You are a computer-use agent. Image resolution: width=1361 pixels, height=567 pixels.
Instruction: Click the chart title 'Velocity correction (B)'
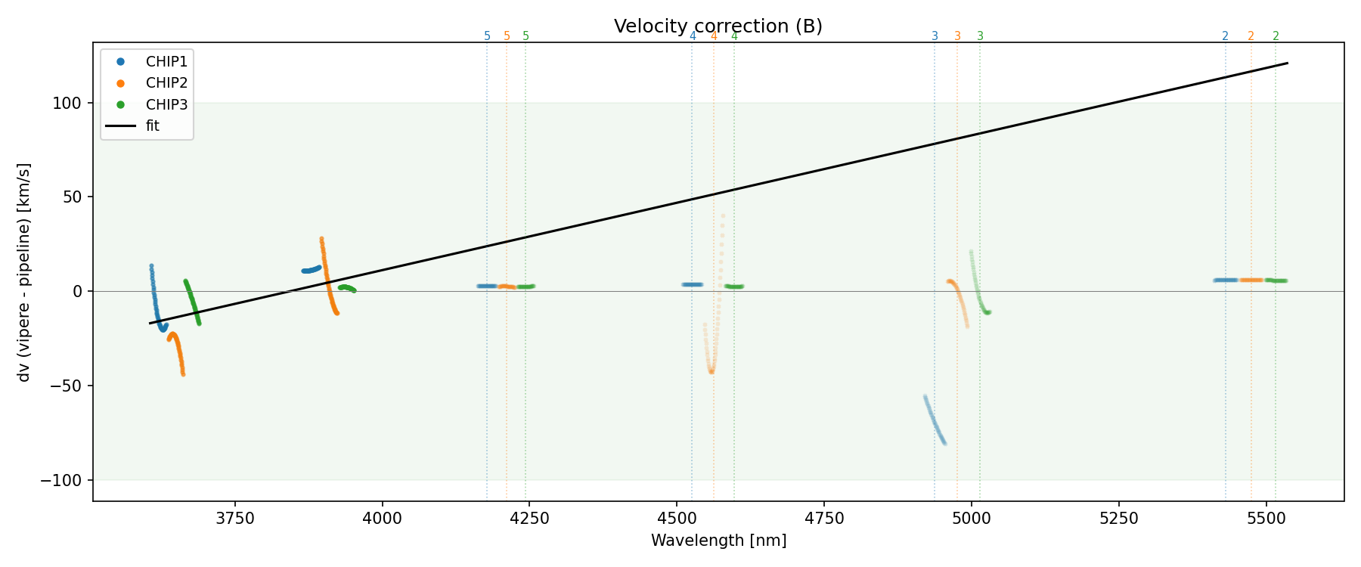(718, 26)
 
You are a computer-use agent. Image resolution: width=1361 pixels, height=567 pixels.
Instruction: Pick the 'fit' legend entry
(153, 126)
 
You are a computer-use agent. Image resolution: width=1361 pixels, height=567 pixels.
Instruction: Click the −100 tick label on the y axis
(66, 480)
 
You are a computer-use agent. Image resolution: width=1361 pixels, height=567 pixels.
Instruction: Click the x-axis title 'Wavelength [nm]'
(718, 541)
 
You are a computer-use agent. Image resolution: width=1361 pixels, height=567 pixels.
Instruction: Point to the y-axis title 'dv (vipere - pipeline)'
(24, 272)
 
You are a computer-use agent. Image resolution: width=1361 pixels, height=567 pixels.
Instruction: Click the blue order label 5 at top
(487, 36)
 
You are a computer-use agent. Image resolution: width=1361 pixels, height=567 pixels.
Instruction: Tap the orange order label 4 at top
(714, 36)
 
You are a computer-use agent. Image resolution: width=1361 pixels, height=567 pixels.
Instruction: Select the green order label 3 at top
(980, 36)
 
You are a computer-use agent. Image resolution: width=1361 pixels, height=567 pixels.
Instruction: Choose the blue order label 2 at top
(1225, 36)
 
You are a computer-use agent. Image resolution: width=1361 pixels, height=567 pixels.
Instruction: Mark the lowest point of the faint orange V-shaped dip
(712, 371)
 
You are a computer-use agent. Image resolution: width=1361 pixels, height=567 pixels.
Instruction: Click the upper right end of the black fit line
(1287, 64)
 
